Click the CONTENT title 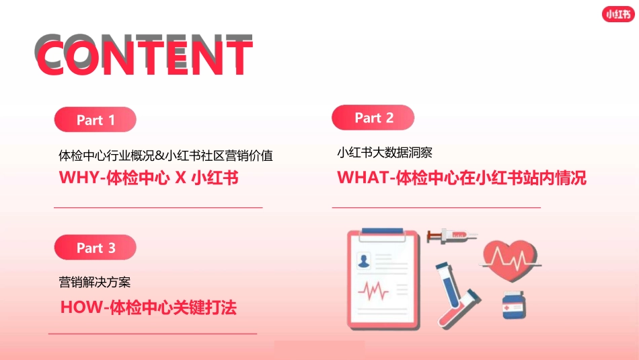point(144,54)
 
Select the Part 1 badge point(96,120)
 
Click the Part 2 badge point(373,118)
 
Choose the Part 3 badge point(96,248)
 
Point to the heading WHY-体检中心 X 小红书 point(149,178)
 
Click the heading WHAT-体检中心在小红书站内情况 point(461,178)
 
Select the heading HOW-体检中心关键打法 point(149,308)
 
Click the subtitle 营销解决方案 point(95,282)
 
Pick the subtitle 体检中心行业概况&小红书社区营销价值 point(165,155)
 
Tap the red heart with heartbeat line point(511,259)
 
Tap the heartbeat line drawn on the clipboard point(373,291)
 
